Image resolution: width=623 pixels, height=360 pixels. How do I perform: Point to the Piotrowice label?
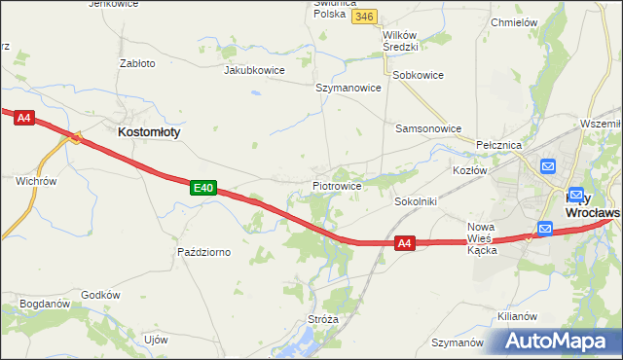(338, 185)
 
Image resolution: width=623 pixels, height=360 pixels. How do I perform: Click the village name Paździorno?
(203, 252)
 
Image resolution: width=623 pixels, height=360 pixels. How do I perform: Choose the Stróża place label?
(322, 318)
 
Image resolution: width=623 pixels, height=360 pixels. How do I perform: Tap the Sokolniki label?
(416, 201)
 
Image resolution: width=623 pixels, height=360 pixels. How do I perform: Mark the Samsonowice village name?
(427, 127)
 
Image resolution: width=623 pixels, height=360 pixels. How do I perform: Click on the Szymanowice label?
(348, 87)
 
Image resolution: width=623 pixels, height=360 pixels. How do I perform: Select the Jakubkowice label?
(254, 70)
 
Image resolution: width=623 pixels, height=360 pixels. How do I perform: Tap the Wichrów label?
(37, 181)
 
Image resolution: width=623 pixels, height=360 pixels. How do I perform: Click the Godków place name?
(100, 295)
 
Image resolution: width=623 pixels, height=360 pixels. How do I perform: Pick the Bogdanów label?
(45, 304)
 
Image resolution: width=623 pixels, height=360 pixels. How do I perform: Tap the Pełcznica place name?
(500, 144)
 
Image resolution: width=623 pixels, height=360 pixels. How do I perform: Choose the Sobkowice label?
(417, 74)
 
